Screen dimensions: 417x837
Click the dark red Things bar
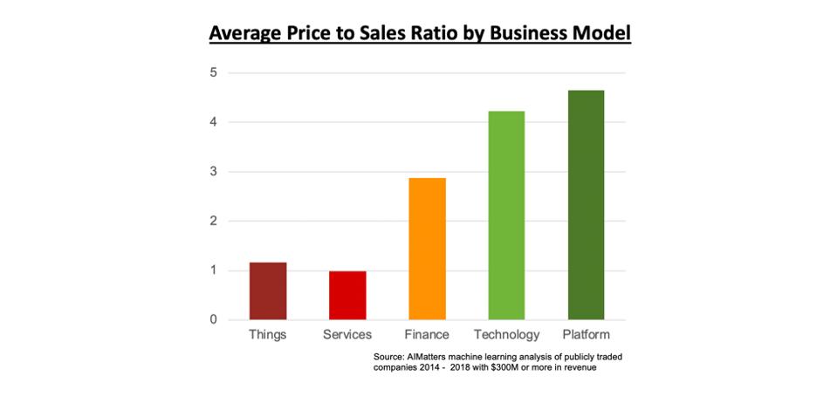click(267, 291)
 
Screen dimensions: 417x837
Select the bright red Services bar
click(347, 295)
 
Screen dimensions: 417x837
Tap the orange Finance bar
click(427, 249)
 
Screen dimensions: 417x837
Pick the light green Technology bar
click(506, 215)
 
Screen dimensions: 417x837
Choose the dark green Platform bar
click(586, 205)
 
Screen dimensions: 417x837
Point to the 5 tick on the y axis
click(213, 72)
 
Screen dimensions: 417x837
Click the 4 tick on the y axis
click(213, 122)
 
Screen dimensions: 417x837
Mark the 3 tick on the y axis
click(213, 172)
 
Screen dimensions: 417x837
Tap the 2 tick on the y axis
click(213, 221)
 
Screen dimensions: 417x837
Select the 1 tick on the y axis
click(213, 270)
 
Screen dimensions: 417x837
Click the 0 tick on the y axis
click(213, 319)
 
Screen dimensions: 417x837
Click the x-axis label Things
click(267, 335)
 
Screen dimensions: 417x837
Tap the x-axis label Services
click(347, 335)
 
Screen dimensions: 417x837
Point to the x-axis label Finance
click(427, 335)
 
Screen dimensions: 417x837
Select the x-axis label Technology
click(506, 335)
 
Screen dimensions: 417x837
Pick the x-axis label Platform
click(586, 335)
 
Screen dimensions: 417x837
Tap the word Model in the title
click(601, 34)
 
